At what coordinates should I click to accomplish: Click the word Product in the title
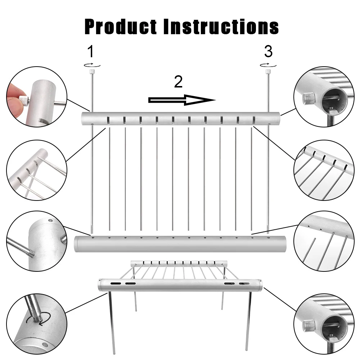pyautogui.click(x=121, y=26)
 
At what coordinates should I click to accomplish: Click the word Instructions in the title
pyautogui.click(x=221, y=26)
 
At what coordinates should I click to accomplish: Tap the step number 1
pyautogui.click(x=91, y=52)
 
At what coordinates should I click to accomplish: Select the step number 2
pyautogui.click(x=179, y=82)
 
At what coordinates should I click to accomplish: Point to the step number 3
pyautogui.click(x=268, y=52)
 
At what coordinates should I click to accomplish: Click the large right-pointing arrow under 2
pyautogui.click(x=182, y=100)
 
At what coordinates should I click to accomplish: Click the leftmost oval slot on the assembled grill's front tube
pyautogui.click(x=116, y=284)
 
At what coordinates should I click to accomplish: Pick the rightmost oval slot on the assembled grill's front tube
pyautogui.click(x=244, y=284)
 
